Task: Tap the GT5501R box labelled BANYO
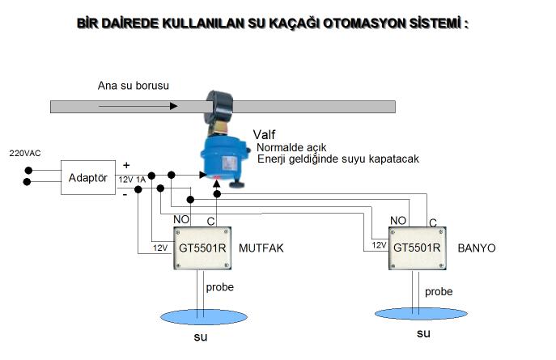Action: [x=416, y=248]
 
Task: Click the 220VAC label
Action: [x=24, y=152]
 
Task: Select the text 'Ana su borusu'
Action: [x=133, y=85]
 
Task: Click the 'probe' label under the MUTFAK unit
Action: [x=220, y=288]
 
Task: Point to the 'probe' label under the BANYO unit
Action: [x=439, y=291]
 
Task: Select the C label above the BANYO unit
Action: [x=433, y=222]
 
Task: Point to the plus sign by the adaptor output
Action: [x=125, y=165]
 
